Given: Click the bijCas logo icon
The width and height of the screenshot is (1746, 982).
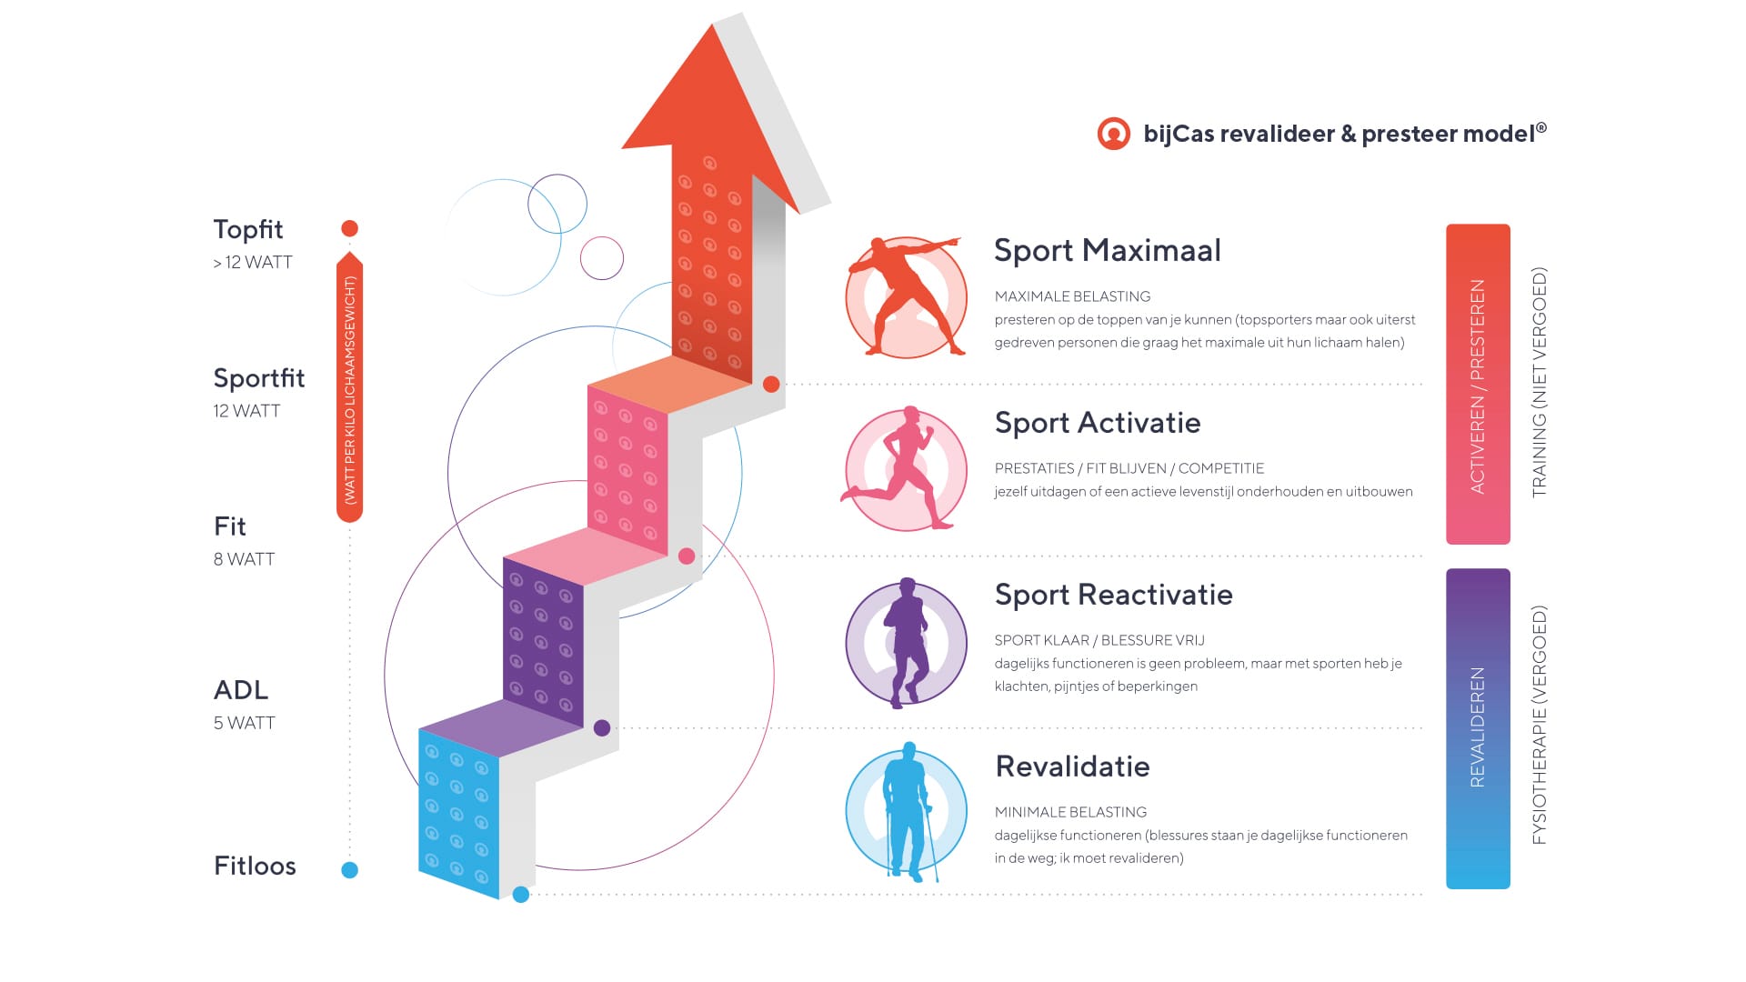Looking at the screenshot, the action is click(1113, 134).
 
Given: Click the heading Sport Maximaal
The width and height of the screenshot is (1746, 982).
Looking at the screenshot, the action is click(1107, 250).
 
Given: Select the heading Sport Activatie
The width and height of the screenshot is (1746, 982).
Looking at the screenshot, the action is click(1098, 423).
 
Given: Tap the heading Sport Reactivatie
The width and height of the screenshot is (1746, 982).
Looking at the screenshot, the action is click(1114, 595).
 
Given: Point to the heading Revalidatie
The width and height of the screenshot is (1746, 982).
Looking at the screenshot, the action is click(1073, 767).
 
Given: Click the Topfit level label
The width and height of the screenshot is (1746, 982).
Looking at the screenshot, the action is click(248, 229).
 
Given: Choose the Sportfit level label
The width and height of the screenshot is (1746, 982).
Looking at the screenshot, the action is click(259, 378).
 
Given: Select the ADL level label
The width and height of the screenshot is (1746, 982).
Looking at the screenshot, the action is click(241, 690).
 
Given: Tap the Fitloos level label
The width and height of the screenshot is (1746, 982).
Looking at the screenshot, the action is click(255, 866).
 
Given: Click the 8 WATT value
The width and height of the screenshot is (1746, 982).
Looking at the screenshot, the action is click(244, 559).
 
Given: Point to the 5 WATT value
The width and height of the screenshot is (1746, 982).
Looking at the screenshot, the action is click(244, 723).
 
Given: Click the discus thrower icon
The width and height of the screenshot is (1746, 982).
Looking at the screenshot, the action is click(906, 296).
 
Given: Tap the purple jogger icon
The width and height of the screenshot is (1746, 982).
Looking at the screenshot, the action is click(907, 642).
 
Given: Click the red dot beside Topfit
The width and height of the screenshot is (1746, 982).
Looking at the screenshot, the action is click(349, 228).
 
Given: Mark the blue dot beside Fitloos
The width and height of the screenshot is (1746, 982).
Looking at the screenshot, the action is click(349, 870).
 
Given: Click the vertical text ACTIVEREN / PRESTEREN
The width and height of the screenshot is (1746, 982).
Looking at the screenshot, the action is click(1478, 386).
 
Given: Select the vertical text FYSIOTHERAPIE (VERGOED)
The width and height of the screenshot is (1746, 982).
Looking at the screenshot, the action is click(1539, 726).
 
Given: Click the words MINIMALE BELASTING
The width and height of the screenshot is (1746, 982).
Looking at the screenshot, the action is click(1070, 812).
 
